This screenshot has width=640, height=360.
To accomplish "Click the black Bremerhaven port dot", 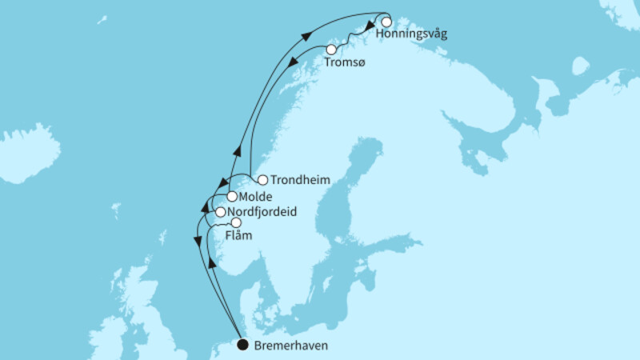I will tap(242, 345).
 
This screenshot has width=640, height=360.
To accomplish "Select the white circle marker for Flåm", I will tap(236, 223).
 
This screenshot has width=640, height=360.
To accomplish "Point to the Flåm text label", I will tap(238, 237).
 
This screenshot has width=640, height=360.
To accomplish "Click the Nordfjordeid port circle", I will tap(220, 212).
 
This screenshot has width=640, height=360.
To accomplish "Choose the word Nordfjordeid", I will tap(258, 213).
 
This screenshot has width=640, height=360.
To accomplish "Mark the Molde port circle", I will tap(231, 196).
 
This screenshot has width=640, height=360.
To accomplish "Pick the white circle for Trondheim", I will tap(262, 180).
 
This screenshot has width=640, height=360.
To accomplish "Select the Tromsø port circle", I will tap(331, 50).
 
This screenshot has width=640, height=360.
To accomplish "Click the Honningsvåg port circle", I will tap(386, 22).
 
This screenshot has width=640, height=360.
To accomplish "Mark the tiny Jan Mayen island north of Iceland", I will tap(102, 18).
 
